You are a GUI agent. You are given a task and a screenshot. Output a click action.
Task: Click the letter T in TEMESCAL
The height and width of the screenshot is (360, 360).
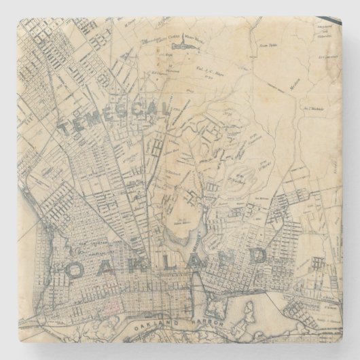click(x=64, y=128)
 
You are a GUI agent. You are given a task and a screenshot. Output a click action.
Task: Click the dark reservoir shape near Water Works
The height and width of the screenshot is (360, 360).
click(x=181, y=46)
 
